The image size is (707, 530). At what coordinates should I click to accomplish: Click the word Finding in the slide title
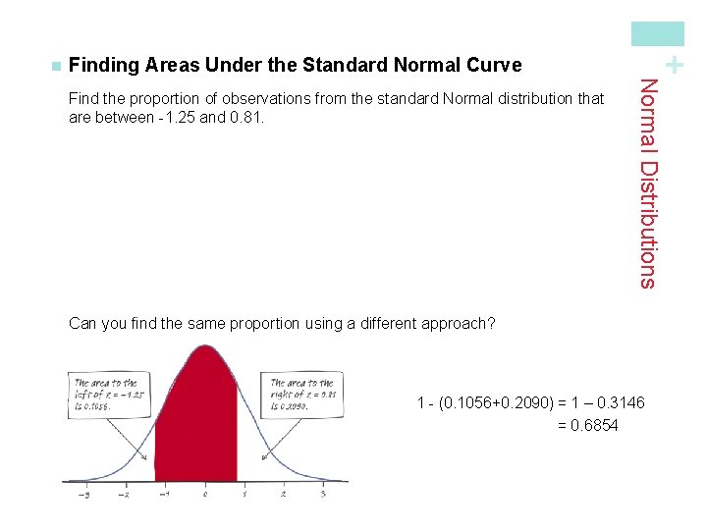(x=104, y=66)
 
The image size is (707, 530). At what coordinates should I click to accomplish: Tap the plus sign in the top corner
(x=674, y=66)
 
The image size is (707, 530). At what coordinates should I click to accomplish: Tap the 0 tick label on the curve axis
(x=205, y=494)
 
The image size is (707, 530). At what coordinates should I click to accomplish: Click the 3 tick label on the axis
(x=323, y=494)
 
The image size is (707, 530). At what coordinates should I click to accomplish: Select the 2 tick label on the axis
(x=284, y=494)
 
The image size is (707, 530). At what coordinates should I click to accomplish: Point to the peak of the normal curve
(x=205, y=346)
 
